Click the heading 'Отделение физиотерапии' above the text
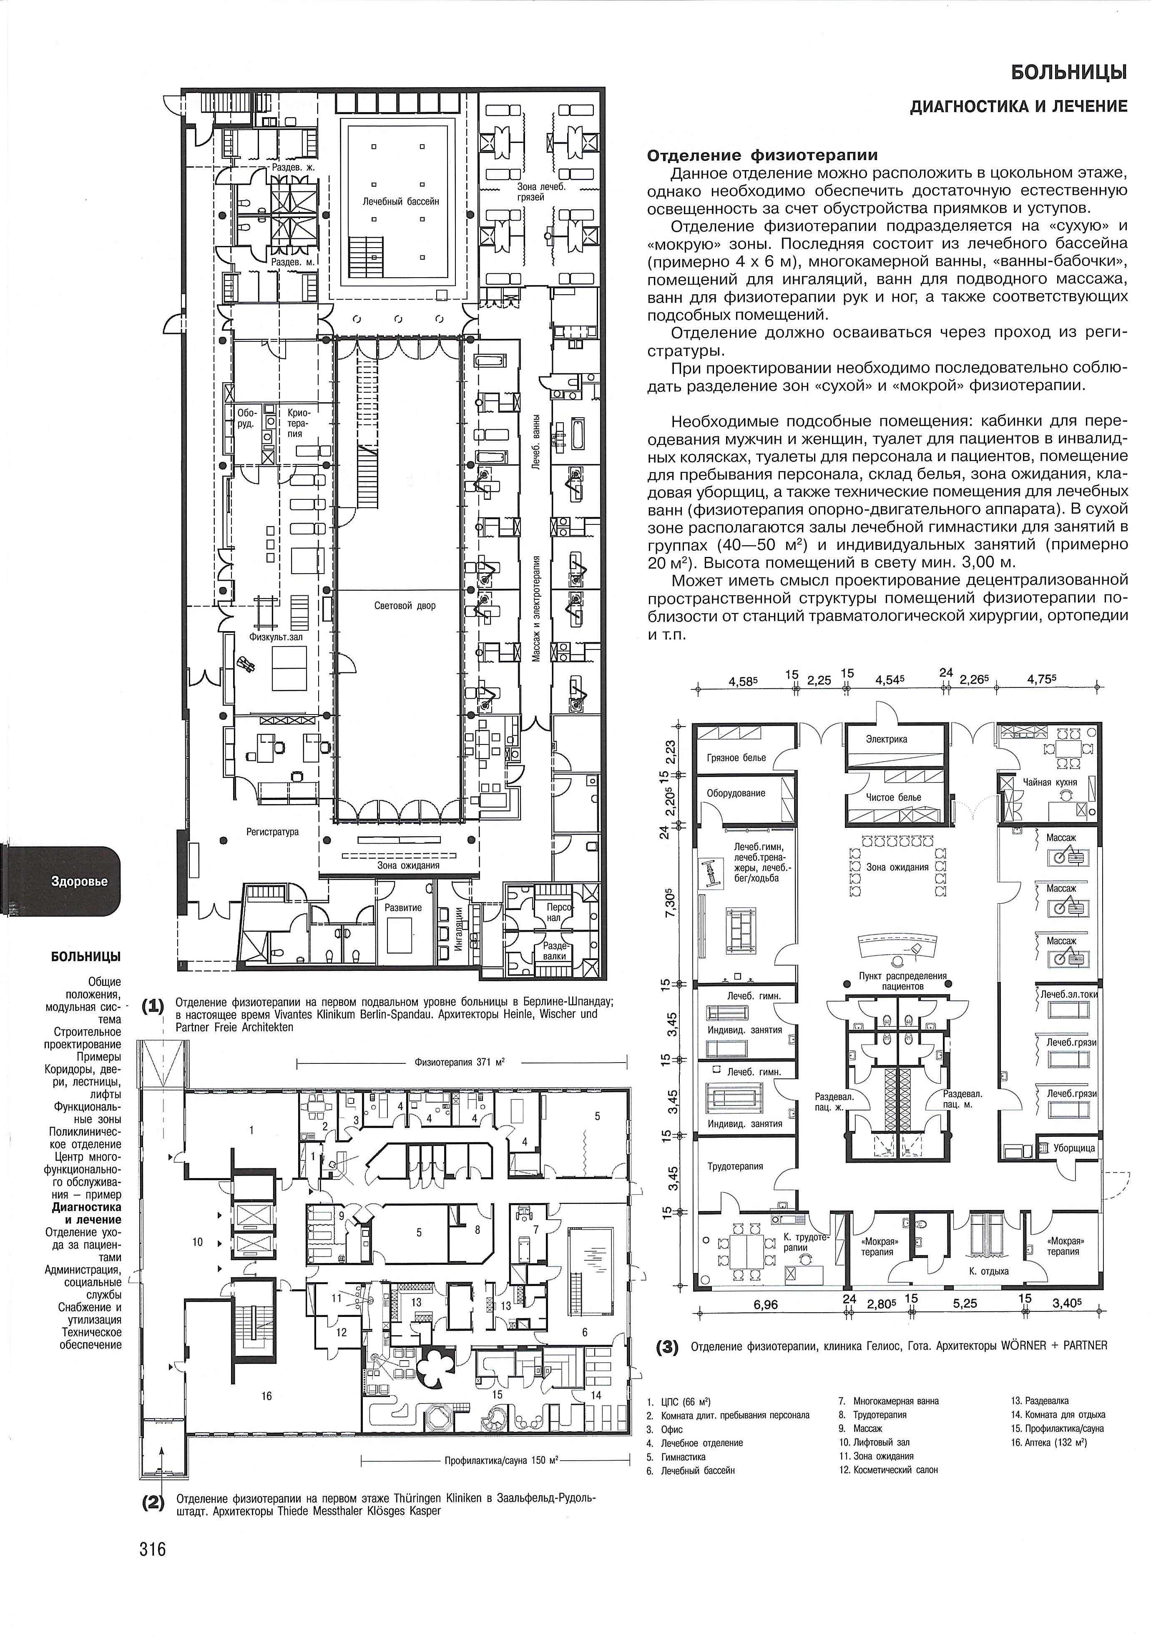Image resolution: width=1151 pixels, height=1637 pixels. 761,155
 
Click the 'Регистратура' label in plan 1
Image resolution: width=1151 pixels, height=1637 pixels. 272,831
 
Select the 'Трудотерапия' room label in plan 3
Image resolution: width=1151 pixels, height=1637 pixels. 735,1166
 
